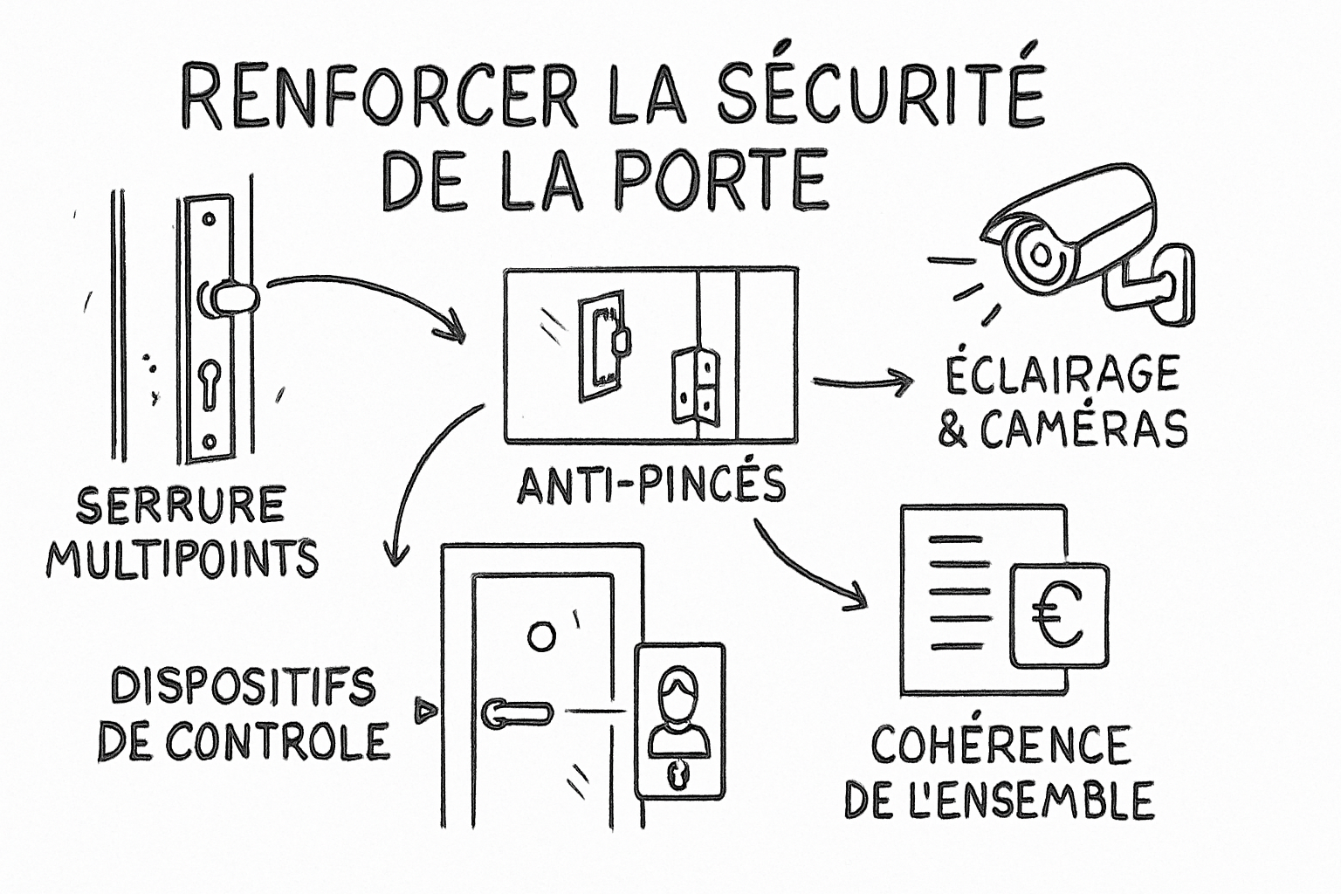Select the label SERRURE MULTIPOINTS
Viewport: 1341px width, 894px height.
point(182,533)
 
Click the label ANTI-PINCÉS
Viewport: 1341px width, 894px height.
point(650,485)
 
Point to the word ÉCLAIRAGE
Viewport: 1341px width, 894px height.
point(1062,375)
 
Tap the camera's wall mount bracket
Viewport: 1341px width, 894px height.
point(1157,284)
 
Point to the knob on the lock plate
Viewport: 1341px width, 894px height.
point(230,299)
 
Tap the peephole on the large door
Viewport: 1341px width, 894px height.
point(541,636)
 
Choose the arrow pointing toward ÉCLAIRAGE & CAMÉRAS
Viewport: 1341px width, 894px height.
point(862,382)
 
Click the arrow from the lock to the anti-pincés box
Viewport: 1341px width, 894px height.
point(367,297)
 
